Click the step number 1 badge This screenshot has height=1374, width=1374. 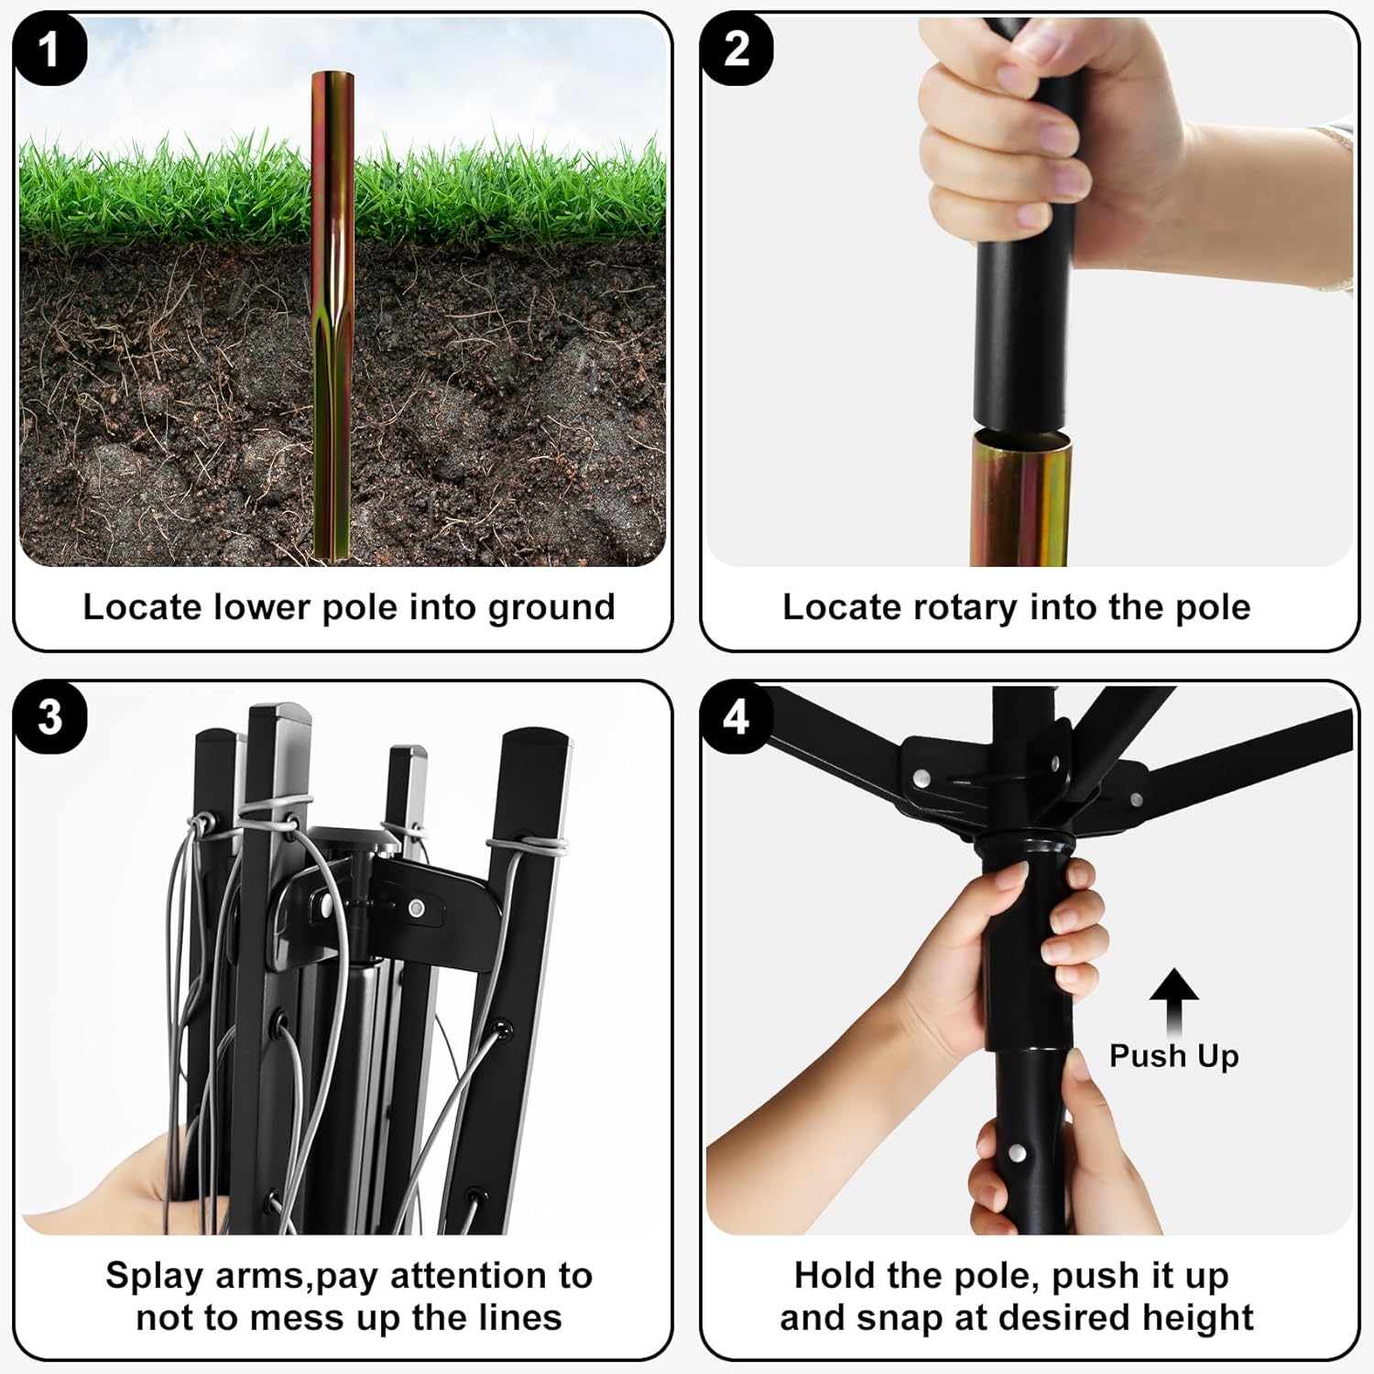tap(50, 49)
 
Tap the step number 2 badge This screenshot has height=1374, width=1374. tap(737, 49)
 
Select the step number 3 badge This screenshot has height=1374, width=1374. tap(50, 717)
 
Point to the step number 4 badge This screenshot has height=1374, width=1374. tap(737, 717)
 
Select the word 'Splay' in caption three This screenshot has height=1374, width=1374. tap(154, 1277)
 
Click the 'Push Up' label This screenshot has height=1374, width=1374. tap(1173, 1055)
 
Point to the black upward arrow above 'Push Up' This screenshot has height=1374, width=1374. tap(1174, 1002)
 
